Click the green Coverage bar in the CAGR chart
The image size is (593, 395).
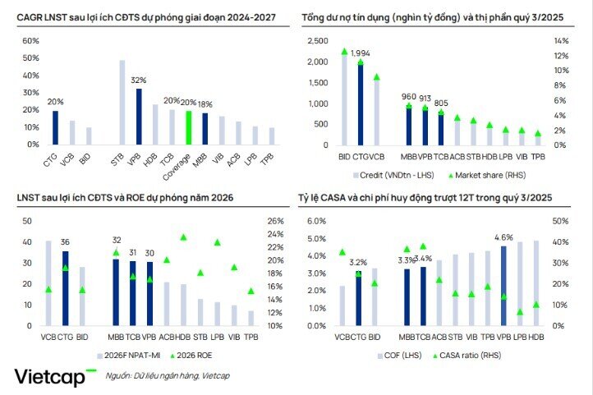[188, 127]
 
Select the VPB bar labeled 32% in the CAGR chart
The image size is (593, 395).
[138, 117]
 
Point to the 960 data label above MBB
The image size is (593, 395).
[409, 96]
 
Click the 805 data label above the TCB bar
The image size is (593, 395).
[441, 103]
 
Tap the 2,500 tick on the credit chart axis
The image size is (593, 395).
[315, 41]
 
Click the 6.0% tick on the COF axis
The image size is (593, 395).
[317, 222]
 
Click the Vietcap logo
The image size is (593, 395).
[55, 377]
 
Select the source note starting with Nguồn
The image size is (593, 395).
[168, 376]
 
